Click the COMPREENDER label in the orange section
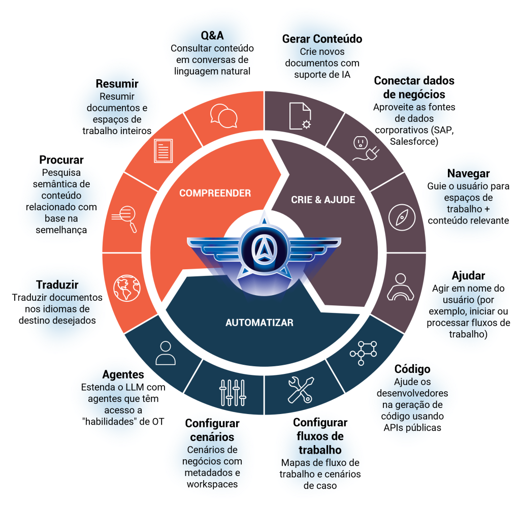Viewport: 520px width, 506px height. tap(215, 193)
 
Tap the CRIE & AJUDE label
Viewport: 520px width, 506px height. tap(322, 200)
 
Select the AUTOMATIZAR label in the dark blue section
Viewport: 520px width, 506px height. tap(259, 323)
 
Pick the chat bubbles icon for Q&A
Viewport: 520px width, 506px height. tap(224, 116)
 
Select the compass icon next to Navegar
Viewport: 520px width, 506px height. tap(398, 216)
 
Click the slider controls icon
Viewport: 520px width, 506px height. tap(232, 392)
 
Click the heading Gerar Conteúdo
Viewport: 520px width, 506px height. tap(321, 39)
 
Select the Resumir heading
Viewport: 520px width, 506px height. tap(117, 84)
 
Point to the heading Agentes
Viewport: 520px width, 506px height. tap(123, 374)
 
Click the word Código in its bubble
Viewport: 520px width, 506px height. tap(412, 369)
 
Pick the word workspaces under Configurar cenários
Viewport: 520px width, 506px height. tap(212, 484)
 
